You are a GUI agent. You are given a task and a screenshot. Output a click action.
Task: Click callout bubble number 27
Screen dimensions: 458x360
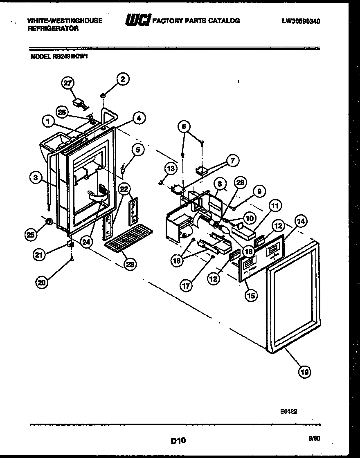(67, 83)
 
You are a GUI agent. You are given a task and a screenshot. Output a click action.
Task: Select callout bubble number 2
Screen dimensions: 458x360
(122, 79)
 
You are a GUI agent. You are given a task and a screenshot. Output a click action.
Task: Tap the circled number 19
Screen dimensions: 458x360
(304, 372)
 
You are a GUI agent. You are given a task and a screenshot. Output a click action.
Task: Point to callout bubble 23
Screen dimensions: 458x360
(129, 264)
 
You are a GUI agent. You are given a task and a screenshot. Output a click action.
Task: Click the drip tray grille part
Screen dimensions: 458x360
(128, 239)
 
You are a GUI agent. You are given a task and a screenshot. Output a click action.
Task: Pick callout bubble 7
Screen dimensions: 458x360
(232, 161)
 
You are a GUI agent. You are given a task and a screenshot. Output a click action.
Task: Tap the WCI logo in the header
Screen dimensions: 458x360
(137, 20)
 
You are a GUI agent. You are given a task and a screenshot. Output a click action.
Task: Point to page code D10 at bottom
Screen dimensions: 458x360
(178, 440)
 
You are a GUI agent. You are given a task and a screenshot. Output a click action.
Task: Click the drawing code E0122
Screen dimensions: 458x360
(289, 412)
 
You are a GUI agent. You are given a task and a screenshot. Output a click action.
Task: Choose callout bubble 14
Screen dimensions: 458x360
(301, 221)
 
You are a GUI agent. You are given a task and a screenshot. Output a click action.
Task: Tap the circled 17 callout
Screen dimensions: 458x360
(186, 286)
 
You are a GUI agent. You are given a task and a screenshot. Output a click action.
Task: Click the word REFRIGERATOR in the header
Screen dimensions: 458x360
(53, 29)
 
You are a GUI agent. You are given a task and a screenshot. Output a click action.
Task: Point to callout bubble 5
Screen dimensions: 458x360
(138, 150)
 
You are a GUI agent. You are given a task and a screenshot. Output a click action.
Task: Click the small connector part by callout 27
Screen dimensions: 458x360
(79, 103)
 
